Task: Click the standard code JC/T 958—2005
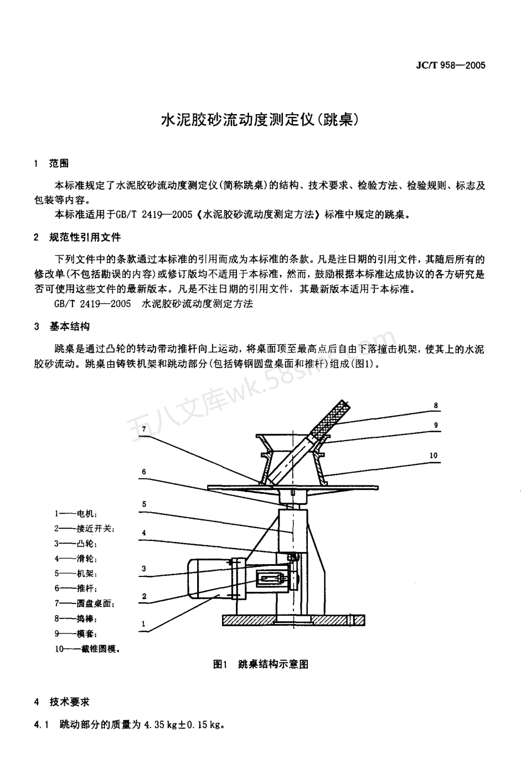[450, 65]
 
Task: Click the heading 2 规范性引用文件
[77, 237]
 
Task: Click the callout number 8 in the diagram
[436, 406]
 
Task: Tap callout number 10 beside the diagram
[433, 456]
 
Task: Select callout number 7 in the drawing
[143, 429]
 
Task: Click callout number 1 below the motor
[143, 623]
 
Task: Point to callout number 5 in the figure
[143, 504]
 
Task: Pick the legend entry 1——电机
[76, 514]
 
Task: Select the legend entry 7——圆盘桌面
[84, 604]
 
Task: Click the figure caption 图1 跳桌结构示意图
[261, 664]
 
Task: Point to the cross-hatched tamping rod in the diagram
[328, 422]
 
